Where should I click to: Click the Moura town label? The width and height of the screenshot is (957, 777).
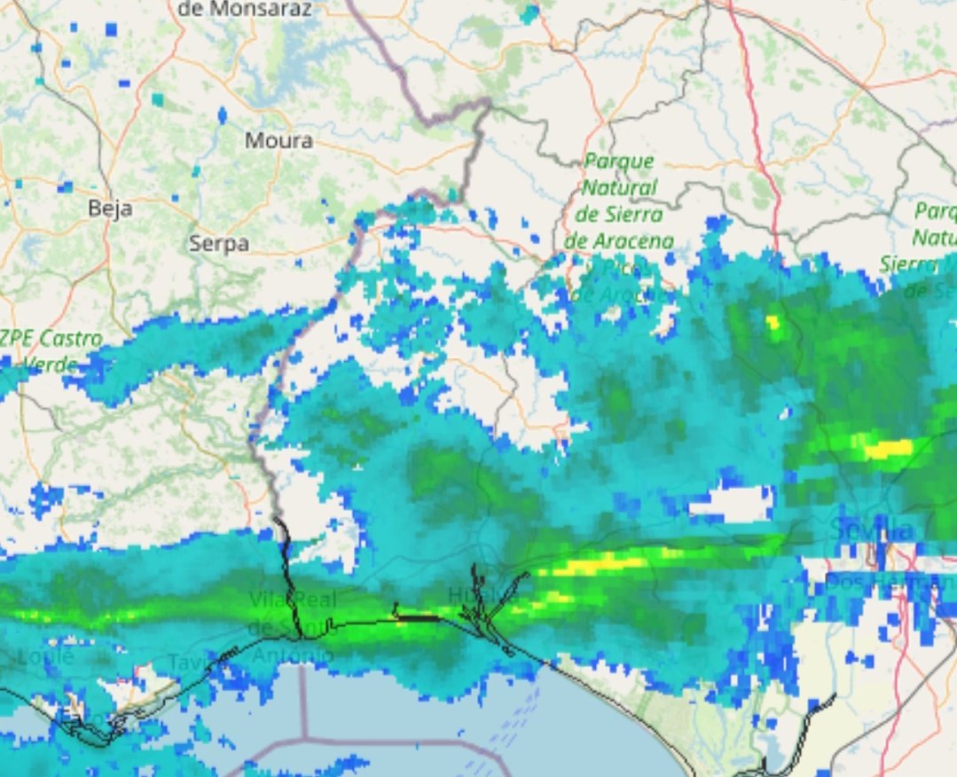(x=278, y=140)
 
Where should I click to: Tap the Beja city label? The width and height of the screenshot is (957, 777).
(x=111, y=208)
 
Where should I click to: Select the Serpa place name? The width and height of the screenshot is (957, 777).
(x=219, y=243)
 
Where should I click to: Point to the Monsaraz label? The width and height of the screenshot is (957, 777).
(x=245, y=10)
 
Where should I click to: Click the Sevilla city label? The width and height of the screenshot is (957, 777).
(x=872, y=530)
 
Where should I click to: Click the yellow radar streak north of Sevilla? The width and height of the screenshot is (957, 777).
(x=887, y=448)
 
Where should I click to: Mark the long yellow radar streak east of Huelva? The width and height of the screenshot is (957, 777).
(x=594, y=563)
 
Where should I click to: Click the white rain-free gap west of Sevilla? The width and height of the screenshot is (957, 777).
(x=731, y=505)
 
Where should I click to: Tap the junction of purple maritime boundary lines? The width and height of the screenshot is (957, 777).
(x=303, y=737)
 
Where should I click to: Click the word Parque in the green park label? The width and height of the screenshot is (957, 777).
(x=618, y=162)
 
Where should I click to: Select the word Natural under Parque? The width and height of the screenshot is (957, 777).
(x=618, y=188)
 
